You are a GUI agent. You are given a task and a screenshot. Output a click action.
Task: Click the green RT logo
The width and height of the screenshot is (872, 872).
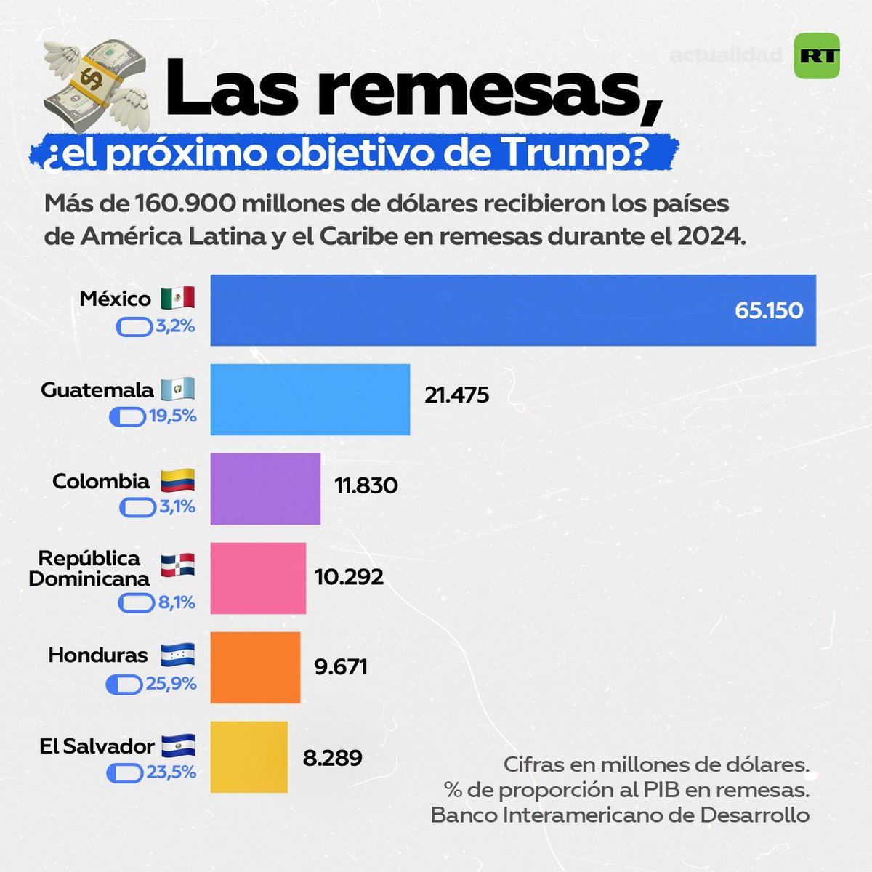pos(816,56)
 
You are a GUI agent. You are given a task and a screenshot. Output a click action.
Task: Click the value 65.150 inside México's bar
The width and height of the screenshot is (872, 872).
pos(768,311)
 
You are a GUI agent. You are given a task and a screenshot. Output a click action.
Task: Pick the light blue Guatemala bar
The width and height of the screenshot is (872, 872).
pos(310,400)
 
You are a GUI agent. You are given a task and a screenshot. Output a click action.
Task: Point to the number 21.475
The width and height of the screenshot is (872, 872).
pos(456,395)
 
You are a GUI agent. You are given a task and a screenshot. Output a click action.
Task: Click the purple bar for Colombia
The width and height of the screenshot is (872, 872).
pos(265,489)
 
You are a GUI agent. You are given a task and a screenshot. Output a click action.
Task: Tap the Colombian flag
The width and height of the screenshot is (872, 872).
pos(177,481)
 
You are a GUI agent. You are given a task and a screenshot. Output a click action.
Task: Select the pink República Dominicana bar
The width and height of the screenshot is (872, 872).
pos(258,578)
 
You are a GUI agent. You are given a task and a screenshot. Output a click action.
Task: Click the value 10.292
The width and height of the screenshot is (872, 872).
pos(349,577)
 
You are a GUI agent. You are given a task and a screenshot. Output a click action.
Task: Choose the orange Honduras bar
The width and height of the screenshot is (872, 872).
pos(255,668)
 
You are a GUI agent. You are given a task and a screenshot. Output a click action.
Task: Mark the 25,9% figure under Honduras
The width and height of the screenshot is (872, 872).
pos(171,684)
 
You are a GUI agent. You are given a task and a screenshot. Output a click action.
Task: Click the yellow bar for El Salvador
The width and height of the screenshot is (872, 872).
pos(249,757)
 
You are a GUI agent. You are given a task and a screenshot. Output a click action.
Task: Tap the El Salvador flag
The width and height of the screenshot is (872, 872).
pos(178,746)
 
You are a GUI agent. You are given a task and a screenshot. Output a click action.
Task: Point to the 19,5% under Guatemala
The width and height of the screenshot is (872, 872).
pos(172,416)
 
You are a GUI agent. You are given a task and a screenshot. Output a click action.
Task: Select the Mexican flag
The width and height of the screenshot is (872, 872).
pos(177,297)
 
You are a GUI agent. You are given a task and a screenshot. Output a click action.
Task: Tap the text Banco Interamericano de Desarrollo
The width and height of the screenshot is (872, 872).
pos(620,815)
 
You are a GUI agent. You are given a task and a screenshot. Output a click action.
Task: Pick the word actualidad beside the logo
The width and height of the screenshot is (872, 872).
pos(725,55)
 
